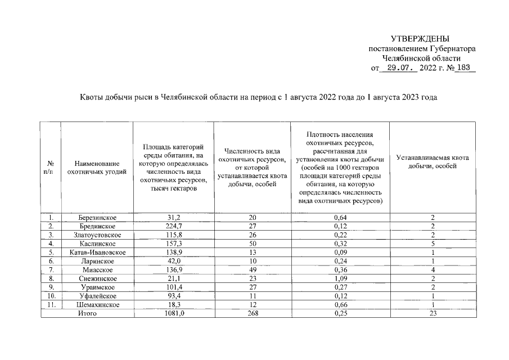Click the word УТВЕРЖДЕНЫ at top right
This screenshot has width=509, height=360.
click(421, 39)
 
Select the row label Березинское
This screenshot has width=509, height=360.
click(96, 217)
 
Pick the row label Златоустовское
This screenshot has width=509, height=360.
click(96, 235)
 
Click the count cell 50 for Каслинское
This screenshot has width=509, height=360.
click(251, 244)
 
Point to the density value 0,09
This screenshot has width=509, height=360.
click(340, 253)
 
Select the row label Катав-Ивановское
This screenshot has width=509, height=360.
click(96, 253)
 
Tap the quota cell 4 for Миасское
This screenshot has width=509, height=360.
click(432, 270)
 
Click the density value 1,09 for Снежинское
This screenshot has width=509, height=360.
click(340, 278)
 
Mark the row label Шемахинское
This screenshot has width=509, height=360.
click(96, 305)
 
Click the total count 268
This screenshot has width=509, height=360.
click(251, 313)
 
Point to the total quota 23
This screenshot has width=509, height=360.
click(432, 313)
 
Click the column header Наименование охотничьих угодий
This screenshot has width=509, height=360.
click(96, 168)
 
